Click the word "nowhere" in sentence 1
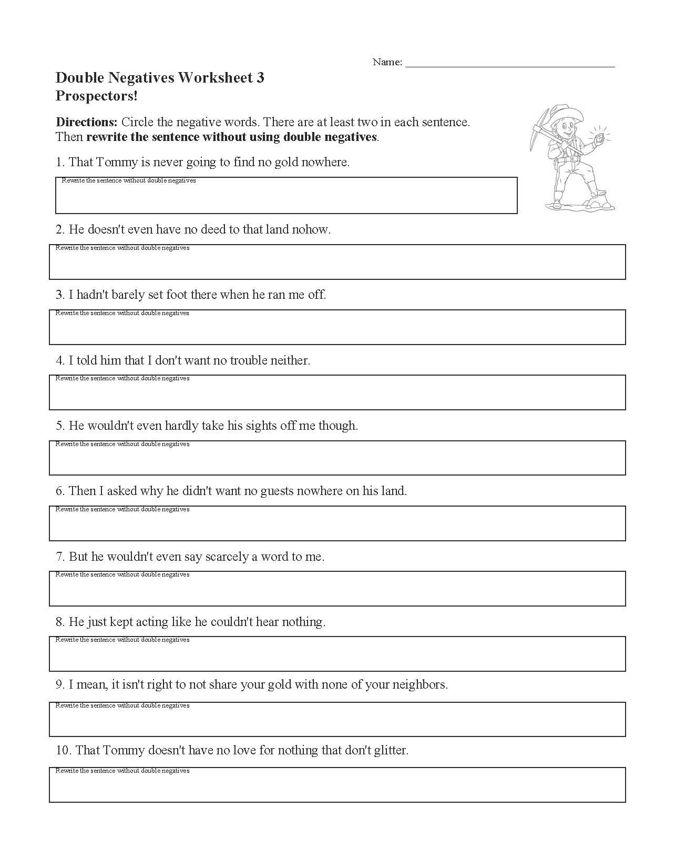pos(328,163)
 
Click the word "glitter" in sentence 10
pos(390,751)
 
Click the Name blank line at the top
pos(510,63)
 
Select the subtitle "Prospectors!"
pos(97,96)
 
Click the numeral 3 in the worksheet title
pos(260,78)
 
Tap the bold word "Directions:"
pos(86,123)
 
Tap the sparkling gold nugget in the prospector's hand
pos(599,138)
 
